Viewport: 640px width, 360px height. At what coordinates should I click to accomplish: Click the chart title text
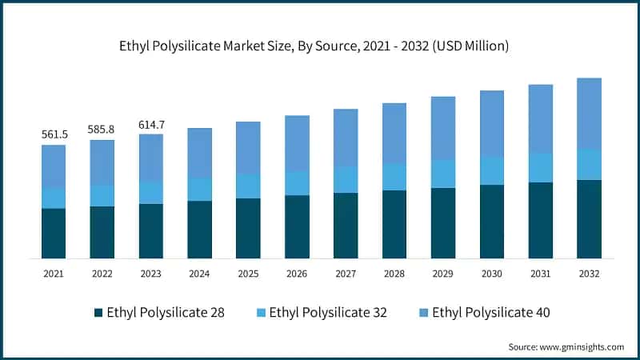tap(320, 47)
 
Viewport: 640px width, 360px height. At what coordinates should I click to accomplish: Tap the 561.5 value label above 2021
tap(54, 134)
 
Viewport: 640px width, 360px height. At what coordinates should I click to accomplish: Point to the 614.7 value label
tap(151, 123)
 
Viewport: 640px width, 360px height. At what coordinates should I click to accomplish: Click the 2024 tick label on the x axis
tap(200, 274)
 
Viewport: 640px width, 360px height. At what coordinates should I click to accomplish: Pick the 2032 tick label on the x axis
tap(590, 274)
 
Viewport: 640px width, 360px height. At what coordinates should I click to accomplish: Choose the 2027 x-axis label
tap(346, 274)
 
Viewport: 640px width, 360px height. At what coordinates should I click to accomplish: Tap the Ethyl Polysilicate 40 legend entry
tap(482, 312)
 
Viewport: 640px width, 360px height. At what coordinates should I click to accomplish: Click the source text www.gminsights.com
tap(566, 346)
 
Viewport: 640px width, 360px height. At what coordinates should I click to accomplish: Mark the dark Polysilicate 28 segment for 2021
tap(54, 233)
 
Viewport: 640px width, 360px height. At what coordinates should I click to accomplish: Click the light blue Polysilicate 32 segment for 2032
tap(590, 164)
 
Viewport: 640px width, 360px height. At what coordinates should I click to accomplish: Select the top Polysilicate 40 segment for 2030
tap(492, 123)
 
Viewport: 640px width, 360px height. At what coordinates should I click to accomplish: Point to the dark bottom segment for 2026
tap(297, 226)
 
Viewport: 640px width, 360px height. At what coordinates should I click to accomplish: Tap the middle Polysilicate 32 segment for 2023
tap(151, 192)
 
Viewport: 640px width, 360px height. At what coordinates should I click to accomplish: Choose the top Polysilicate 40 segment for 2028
tap(394, 133)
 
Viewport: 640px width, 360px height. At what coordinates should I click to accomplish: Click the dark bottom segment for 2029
tap(443, 223)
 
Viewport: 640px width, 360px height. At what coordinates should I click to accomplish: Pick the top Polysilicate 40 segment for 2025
tap(248, 148)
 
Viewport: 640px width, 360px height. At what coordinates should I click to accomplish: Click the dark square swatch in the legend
tap(98, 312)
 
